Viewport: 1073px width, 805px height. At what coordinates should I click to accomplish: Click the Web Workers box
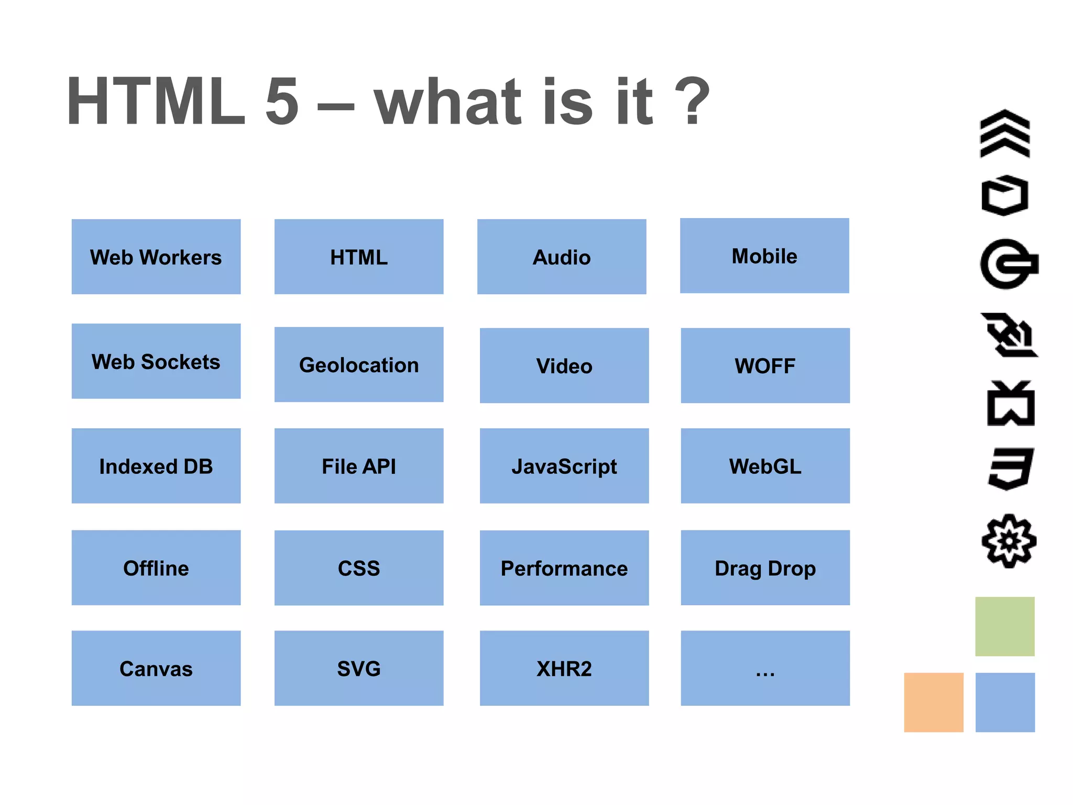(156, 257)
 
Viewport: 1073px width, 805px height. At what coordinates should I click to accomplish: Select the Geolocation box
(359, 365)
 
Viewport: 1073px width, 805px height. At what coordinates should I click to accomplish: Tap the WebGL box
(765, 466)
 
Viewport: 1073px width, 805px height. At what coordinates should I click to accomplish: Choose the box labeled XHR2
(564, 668)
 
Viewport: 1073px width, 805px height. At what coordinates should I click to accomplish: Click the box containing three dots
(765, 668)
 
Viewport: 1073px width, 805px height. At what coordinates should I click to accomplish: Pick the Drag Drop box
(765, 568)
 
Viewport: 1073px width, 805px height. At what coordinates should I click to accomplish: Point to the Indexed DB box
(156, 466)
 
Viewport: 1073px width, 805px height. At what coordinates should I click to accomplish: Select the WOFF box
(765, 365)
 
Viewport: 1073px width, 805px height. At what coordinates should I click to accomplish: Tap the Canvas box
(156, 668)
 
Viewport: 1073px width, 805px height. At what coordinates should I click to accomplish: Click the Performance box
(564, 568)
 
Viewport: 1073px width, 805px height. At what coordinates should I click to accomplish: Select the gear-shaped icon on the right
(1009, 541)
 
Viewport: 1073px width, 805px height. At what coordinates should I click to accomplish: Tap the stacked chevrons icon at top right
(1004, 134)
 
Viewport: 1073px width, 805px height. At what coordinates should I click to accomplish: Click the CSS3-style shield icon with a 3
(1011, 469)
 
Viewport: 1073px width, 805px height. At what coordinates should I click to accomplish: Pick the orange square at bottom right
(933, 702)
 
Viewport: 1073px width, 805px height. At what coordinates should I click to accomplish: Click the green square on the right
(1004, 626)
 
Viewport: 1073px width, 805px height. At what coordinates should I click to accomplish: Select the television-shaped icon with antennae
(1011, 404)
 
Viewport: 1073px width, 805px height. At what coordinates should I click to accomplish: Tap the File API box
(359, 466)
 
